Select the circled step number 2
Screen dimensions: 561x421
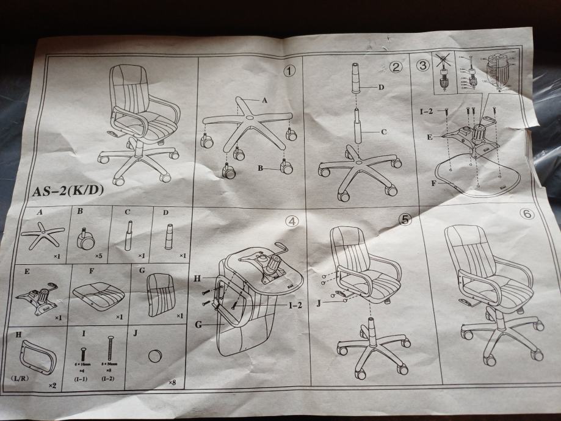coord(397,68)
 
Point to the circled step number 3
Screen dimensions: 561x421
coord(422,65)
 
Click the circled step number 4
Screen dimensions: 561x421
coord(294,221)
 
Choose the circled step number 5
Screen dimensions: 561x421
coord(404,220)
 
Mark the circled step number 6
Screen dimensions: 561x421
coord(527,214)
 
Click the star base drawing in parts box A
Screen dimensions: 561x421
coord(42,235)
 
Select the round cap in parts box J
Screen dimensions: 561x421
coord(155,355)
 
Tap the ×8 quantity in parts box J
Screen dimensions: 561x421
coord(172,383)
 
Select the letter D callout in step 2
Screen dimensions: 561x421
coord(380,87)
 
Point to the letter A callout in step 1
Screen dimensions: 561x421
coord(264,100)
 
